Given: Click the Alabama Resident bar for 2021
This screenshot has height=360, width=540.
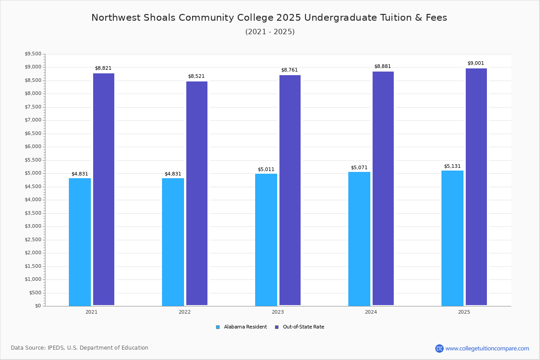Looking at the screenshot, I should coord(80,242).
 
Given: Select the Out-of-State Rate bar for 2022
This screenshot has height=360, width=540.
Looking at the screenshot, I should coord(197,193).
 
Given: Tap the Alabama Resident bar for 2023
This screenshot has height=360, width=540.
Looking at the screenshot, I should coord(266,239).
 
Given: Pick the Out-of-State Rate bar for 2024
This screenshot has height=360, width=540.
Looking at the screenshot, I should coord(383,189).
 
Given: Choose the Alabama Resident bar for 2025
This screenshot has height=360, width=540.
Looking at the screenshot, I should coord(452,238).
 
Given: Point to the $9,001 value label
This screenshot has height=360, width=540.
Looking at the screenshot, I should coord(476,63).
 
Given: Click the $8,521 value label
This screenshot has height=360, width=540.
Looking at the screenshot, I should coord(196,76).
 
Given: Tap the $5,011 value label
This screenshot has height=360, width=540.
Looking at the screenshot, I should coord(266,170).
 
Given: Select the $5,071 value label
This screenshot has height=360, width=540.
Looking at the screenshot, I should coord(359,168).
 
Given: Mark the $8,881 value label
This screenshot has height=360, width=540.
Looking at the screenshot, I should coord(382,67).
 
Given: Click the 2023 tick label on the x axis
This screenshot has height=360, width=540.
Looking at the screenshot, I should coord(278,312).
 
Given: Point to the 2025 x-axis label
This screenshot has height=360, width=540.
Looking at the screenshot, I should coord(464,312).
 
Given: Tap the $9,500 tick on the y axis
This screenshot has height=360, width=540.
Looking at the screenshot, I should coord(33,54).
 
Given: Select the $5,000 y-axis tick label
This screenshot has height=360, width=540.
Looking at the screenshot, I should coord(33,173).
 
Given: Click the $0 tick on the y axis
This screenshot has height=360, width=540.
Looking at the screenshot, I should coord(38,306).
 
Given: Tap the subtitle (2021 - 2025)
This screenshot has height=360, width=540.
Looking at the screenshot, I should coord(270,32).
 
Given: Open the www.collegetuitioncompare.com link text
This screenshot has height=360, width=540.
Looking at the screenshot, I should coord(487,348).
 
